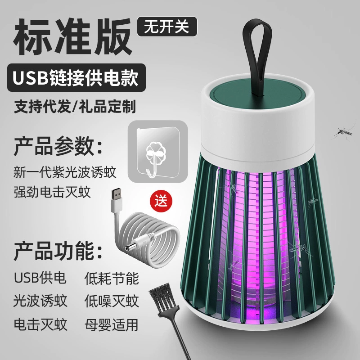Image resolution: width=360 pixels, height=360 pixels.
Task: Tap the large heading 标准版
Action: pyautogui.click(x=70, y=37)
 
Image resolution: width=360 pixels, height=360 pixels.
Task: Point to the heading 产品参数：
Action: pyautogui.click(x=58, y=145)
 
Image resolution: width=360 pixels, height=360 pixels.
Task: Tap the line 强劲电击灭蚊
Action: pyautogui.click(x=53, y=193)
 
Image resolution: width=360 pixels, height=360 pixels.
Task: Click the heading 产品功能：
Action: pyautogui.click(x=58, y=248)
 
